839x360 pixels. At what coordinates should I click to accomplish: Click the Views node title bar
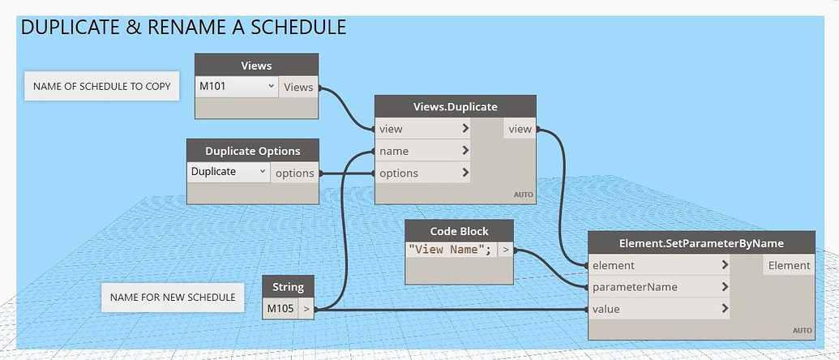[x=256, y=65]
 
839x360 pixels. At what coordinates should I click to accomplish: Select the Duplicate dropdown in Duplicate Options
[x=229, y=172]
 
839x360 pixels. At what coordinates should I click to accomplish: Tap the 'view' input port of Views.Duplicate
[x=421, y=129]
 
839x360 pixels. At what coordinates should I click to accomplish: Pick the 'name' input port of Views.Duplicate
[x=421, y=151]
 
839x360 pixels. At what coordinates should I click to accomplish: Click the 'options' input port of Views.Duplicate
[x=421, y=173]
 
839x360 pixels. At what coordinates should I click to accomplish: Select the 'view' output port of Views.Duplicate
[x=520, y=129]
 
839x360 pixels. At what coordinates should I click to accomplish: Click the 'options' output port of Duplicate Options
[x=294, y=173]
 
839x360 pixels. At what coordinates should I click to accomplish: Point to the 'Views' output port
[x=298, y=87]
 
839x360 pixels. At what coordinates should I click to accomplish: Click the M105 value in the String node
[x=280, y=309]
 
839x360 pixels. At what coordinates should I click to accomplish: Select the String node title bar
[x=289, y=286]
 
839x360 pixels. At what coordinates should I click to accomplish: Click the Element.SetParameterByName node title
[x=701, y=242]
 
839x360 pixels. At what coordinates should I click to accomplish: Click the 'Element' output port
[x=789, y=265]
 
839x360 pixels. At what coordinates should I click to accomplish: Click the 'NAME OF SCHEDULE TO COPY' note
[x=101, y=86]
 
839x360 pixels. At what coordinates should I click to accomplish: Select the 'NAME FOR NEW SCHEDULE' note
[x=173, y=298]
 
